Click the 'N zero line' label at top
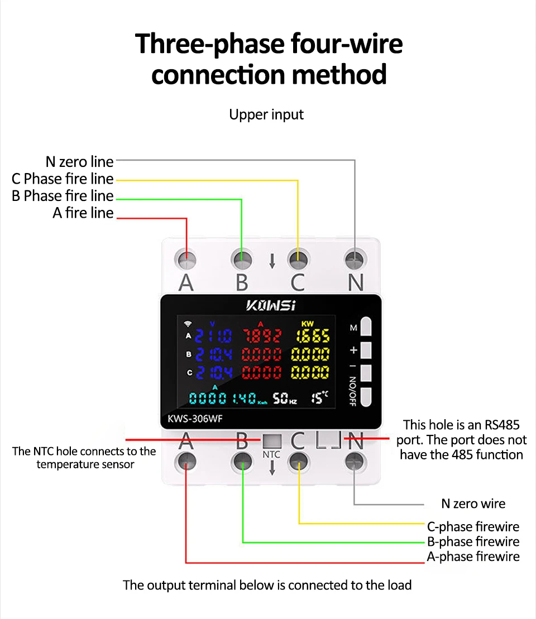coord(79,162)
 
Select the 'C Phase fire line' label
coord(63,179)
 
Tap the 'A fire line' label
coord(83,213)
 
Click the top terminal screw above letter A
coord(186,259)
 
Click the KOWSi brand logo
coord(271,305)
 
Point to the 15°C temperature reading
coord(319,397)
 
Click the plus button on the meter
coord(366,350)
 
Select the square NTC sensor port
coord(271,441)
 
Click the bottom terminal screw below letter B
coord(242,461)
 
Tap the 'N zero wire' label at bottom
coord(473,504)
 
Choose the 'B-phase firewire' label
coord(473,541)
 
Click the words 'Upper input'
coord(266,115)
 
